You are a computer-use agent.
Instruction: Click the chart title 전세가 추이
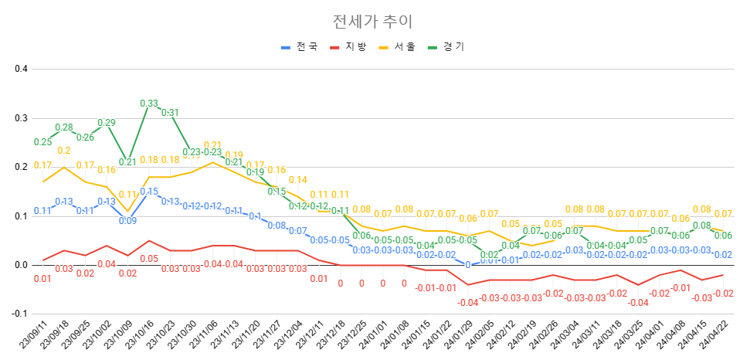[369, 21]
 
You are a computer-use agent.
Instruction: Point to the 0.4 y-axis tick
[21, 69]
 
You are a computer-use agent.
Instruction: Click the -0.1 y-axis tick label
[19, 314]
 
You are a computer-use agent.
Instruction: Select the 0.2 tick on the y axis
[21, 167]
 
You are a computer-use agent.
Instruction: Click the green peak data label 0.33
[149, 103]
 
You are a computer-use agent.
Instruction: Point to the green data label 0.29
[107, 123]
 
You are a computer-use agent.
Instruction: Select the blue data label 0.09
[127, 221]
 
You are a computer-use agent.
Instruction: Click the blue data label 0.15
[149, 192]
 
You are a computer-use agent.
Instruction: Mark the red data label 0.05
[149, 259]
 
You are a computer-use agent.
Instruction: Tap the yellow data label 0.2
[64, 151]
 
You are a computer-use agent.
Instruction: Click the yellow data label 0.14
[297, 180]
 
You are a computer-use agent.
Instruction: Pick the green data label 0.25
[42, 142]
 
